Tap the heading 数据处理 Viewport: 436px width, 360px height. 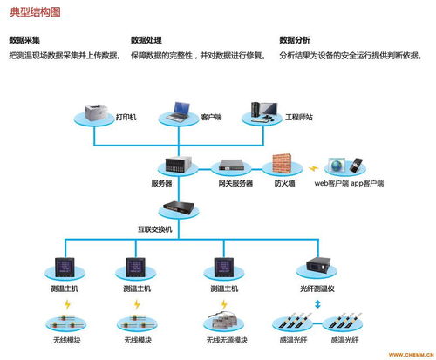[146, 40]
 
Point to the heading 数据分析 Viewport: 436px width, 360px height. [295, 40]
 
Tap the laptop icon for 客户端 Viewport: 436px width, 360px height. [181, 111]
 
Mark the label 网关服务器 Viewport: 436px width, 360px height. [235, 183]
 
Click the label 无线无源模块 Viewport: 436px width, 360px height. [227, 340]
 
